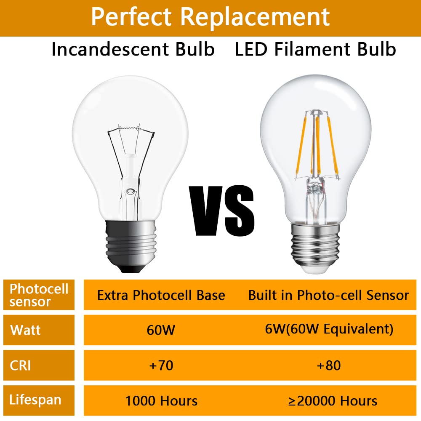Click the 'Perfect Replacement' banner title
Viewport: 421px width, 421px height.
(210, 17)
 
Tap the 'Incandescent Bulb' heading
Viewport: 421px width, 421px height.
(133, 50)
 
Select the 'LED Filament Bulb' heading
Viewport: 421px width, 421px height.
(315, 50)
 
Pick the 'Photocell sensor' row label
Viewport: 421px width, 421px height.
(39, 295)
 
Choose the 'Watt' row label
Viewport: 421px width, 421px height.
(26, 330)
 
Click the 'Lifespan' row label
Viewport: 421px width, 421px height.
(35, 400)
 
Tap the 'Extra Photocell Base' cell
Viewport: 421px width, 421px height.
(161, 295)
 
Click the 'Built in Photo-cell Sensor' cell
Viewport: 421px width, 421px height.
(328, 295)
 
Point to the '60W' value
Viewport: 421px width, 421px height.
(161, 330)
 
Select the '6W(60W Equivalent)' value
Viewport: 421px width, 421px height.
(329, 329)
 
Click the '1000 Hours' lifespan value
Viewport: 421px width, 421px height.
(161, 401)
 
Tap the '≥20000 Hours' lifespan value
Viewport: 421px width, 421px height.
(333, 401)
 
